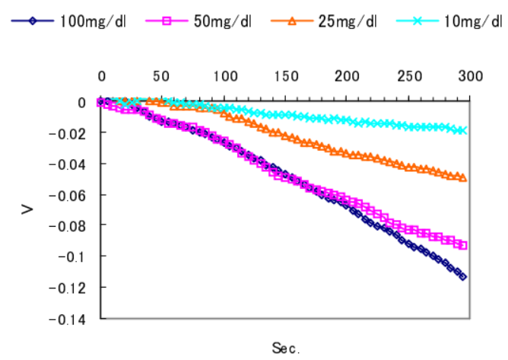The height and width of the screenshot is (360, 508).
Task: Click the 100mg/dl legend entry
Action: pyautogui.click(x=91, y=21)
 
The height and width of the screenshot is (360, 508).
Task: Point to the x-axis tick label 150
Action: pyautogui.click(x=285, y=77)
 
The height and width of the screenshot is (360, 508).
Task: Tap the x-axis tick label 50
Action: pyautogui.click(x=162, y=77)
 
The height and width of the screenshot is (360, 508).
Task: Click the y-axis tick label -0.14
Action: pyautogui.click(x=67, y=317)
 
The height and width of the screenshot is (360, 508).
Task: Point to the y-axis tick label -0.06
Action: pyautogui.click(x=67, y=194)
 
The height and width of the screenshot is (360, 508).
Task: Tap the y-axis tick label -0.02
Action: pyautogui.click(x=67, y=132)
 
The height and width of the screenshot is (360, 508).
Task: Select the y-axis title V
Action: pyautogui.click(x=27, y=207)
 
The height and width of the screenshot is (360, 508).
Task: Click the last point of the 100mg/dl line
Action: pyautogui.click(x=463, y=276)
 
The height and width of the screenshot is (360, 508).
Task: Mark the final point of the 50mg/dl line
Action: pyautogui.click(x=463, y=245)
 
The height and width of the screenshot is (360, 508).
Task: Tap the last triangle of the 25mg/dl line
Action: pyautogui.click(x=463, y=178)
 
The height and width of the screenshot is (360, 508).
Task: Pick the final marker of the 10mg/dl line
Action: pyautogui.click(x=463, y=130)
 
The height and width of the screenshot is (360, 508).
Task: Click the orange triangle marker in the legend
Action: pyautogui.click(x=292, y=21)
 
